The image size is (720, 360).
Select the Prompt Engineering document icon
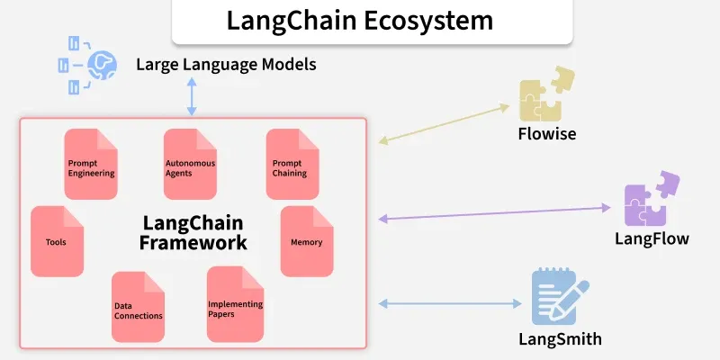pyautogui.click(x=91, y=164)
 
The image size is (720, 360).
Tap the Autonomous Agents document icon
pyautogui.click(x=191, y=164)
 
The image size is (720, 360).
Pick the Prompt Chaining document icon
pyautogui.click(x=292, y=164)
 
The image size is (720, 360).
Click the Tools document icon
pyautogui.click(x=58, y=241)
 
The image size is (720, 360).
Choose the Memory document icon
pyautogui.click(x=306, y=241)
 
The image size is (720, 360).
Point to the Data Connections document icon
pyautogui.click(x=139, y=307)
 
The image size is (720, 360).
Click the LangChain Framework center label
pyautogui.click(x=193, y=232)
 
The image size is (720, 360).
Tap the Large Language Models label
pyautogui.click(x=226, y=65)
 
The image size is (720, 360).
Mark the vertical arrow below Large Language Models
pyautogui.click(x=191, y=96)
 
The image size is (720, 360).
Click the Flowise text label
pyautogui.click(x=546, y=134)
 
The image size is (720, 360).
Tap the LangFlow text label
pyautogui.click(x=652, y=238)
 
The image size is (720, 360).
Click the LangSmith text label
pyautogui.click(x=560, y=339)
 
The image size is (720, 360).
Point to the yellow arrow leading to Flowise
pyautogui.click(x=445, y=124)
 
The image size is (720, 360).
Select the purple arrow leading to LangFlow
pyautogui.click(x=494, y=213)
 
